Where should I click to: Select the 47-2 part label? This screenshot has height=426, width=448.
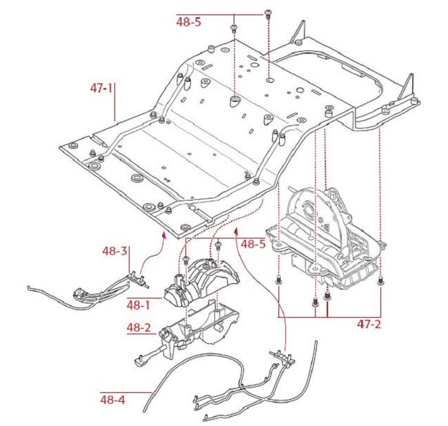click(371, 323)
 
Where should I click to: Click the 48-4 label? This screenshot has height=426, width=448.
click(112, 398)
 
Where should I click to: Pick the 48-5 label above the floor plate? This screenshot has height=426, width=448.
click(189, 21)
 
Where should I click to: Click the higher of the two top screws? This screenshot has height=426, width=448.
click(267, 14)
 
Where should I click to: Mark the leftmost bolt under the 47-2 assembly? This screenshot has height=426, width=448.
click(279, 281)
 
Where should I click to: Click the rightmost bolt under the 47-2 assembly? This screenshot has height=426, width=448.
click(381, 281)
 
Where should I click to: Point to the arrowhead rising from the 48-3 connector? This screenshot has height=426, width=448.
click(163, 235)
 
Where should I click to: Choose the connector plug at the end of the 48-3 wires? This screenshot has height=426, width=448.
click(140, 278)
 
